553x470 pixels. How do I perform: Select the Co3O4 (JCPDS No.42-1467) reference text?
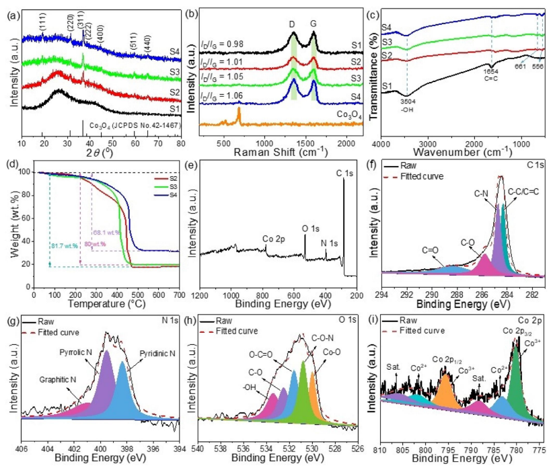(x=129, y=125)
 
